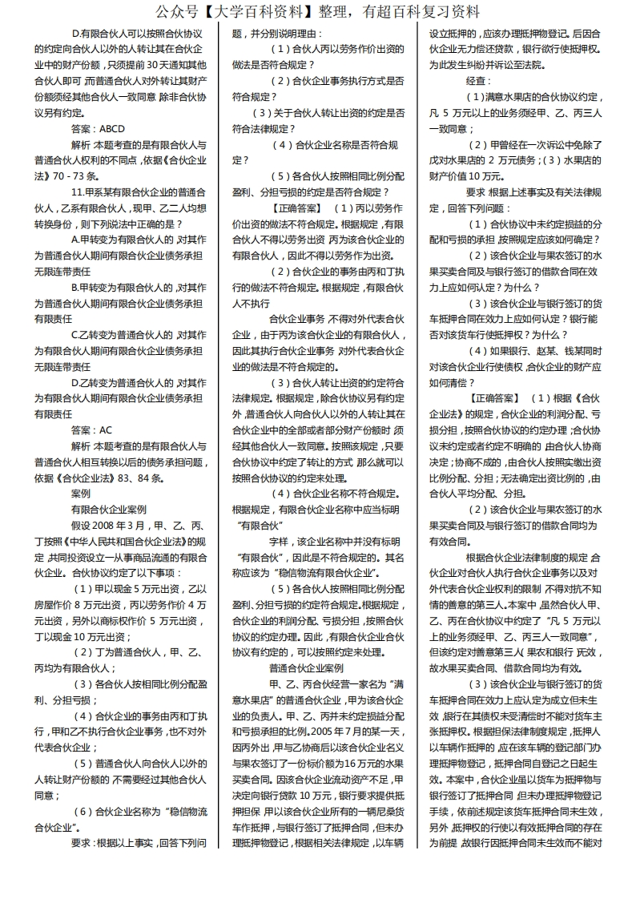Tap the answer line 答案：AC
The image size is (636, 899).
coord(92,431)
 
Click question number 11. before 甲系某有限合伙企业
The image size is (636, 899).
coord(78,192)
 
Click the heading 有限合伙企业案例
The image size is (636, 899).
coord(109,509)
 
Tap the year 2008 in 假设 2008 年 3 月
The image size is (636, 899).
coord(121,525)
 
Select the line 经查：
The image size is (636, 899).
coord(478,82)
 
